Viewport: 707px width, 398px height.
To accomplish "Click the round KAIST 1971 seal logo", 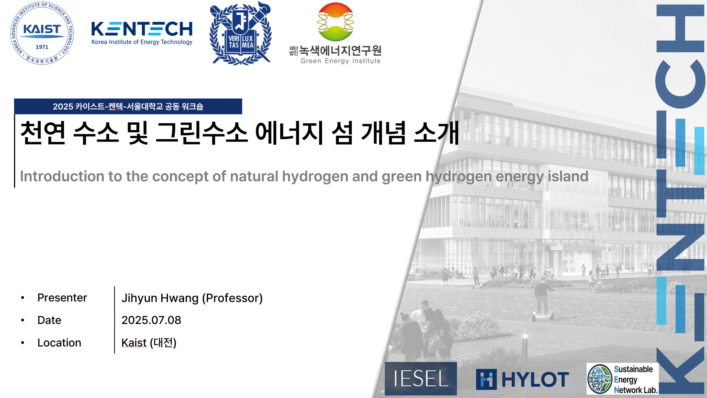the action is tap(42, 33).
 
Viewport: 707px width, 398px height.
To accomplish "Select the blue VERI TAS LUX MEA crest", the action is tap(240, 33).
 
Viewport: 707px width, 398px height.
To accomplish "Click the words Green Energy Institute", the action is tap(341, 61).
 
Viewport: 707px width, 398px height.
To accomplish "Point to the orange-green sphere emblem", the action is tap(335, 22).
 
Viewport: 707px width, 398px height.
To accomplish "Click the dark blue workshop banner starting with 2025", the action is tap(128, 106).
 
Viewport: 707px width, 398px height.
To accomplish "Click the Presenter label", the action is tap(62, 298).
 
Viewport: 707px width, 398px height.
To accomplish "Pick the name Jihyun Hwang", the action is tap(160, 298).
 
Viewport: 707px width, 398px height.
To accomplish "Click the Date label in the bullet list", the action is tap(49, 320).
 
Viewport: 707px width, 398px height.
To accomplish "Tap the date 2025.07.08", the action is tap(151, 320).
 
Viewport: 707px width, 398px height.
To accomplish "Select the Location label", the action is tap(59, 343).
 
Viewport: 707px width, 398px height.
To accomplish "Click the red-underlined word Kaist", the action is tap(134, 343).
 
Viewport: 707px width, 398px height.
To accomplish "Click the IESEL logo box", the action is tap(421, 379).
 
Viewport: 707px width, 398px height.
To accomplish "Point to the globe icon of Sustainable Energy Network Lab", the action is tap(599, 379).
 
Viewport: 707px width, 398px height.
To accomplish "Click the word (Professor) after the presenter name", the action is tap(232, 298).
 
